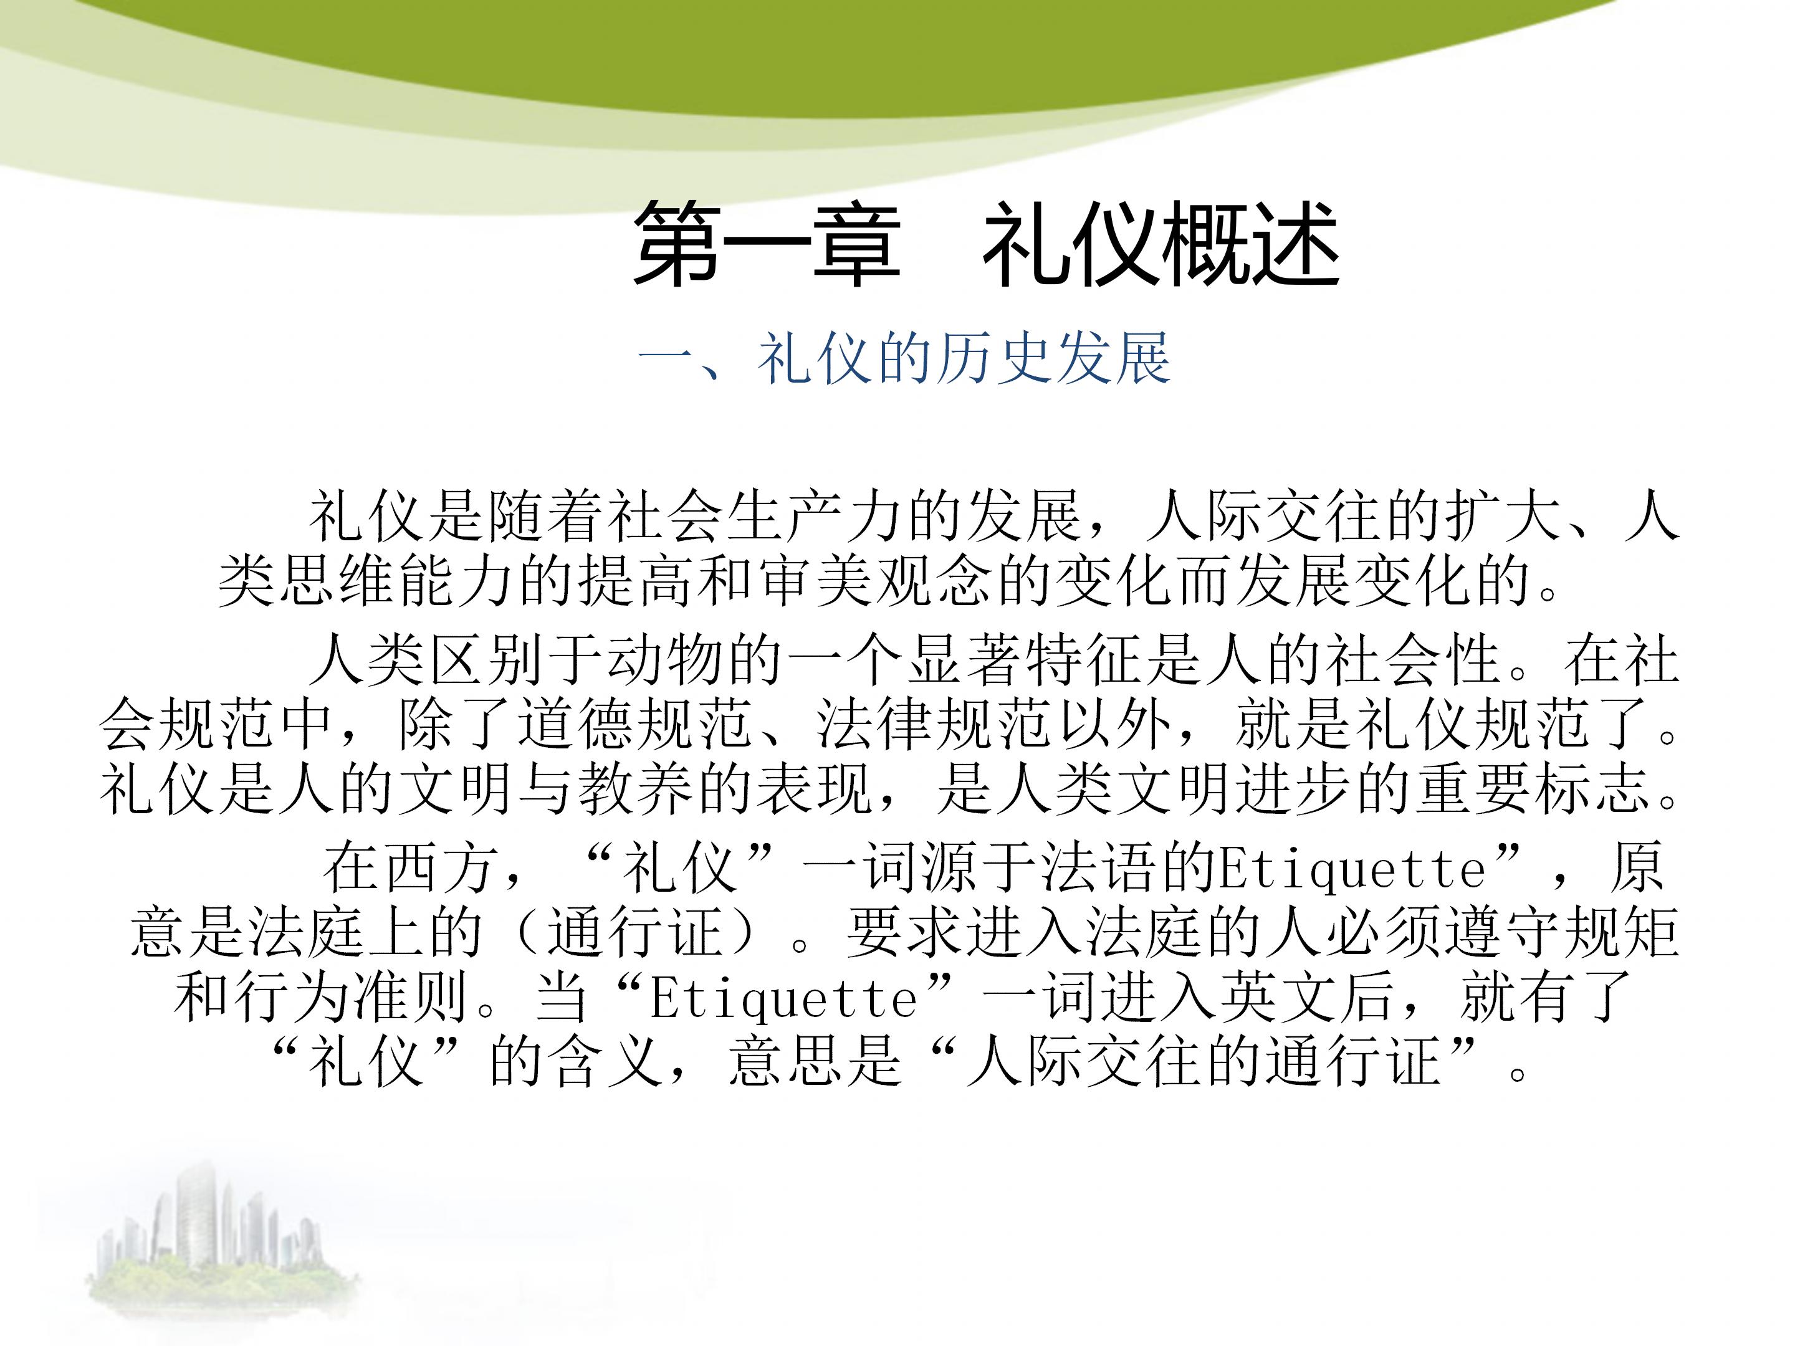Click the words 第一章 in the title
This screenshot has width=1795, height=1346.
coord(767,244)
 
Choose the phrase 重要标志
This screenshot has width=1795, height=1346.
coord(1534,789)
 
